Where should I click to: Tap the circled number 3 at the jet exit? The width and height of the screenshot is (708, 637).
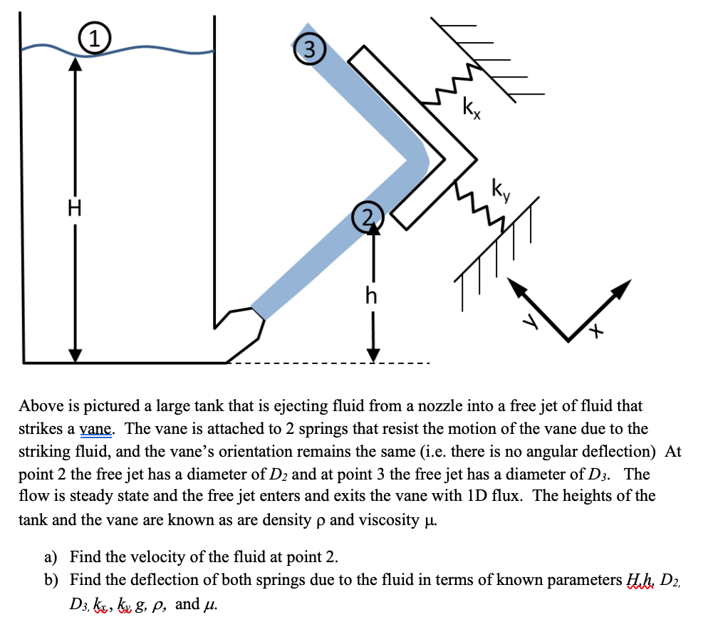pos(308,49)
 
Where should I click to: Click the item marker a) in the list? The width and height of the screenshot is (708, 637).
pos(53,556)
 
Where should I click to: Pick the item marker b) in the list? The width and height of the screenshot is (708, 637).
pos(53,581)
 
